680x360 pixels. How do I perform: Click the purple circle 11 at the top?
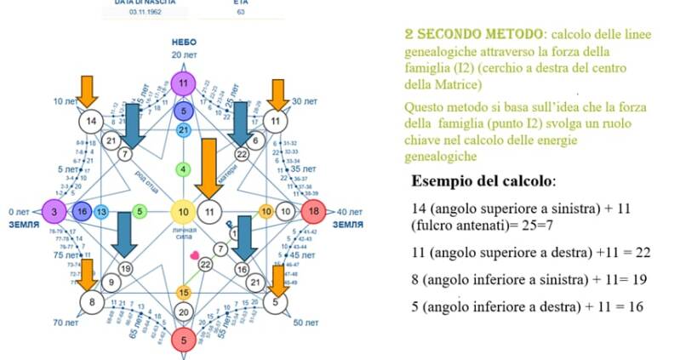183,83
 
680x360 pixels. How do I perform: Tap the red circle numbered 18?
313,210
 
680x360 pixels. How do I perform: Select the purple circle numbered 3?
53,211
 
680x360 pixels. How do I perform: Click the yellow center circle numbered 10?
183,211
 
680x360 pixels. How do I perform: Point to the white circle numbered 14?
91,121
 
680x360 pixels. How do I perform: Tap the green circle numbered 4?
183,169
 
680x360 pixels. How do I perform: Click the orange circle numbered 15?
183,292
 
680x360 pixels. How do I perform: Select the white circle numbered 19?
125,269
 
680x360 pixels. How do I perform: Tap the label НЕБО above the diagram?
184,41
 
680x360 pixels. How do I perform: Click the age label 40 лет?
349,211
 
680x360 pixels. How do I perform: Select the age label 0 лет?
18,211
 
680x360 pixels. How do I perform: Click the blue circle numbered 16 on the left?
82,211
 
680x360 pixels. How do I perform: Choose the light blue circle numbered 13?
101,211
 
